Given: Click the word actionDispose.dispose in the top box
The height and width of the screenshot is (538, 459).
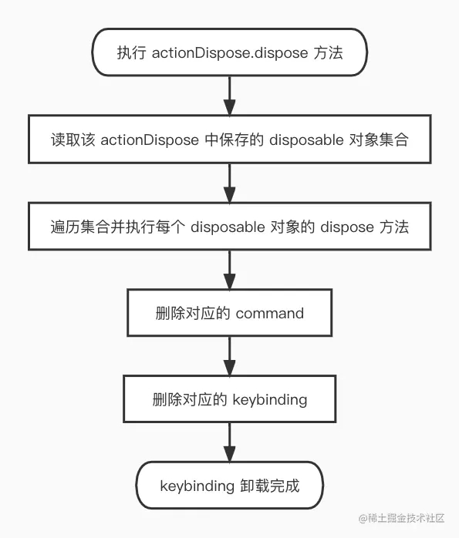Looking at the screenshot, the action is click(x=230, y=53).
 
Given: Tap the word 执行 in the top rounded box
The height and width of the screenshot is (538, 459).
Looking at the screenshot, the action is click(x=131, y=53).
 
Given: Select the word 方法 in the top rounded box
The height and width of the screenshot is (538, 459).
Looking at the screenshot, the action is click(x=328, y=53).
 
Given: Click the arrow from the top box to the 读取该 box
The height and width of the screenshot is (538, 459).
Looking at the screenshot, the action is click(x=229, y=96).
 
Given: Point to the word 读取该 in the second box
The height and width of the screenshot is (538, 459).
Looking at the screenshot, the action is click(x=73, y=140).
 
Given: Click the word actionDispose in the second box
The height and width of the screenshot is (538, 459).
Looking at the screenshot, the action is click(x=150, y=140).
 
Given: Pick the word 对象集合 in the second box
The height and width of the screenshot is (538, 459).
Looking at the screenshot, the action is click(x=379, y=140).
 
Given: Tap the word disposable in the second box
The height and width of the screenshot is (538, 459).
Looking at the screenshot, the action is click(x=306, y=140).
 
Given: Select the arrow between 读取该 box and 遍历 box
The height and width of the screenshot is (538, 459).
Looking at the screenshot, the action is click(x=229, y=183).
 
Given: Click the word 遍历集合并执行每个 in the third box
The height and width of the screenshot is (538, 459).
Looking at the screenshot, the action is click(x=118, y=227).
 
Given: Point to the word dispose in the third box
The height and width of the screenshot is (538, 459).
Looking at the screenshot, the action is click(x=347, y=227).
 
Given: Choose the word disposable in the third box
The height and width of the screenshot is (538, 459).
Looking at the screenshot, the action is click(x=228, y=227).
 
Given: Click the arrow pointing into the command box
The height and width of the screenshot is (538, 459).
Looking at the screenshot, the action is click(x=229, y=270).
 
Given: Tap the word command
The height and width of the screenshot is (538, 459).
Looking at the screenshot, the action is click(x=270, y=314).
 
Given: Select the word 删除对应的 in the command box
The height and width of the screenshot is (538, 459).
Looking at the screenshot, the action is click(x=193, y=313).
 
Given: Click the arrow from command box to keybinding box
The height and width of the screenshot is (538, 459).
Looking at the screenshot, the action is click(x=229, y=356).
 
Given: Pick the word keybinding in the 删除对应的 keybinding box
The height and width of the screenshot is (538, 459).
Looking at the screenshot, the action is click(x=270, y=400).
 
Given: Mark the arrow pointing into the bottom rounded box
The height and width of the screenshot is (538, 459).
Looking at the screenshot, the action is click(x=229, y=442).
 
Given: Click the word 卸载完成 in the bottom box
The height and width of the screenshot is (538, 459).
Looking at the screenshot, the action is click(x=270, y=486).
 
